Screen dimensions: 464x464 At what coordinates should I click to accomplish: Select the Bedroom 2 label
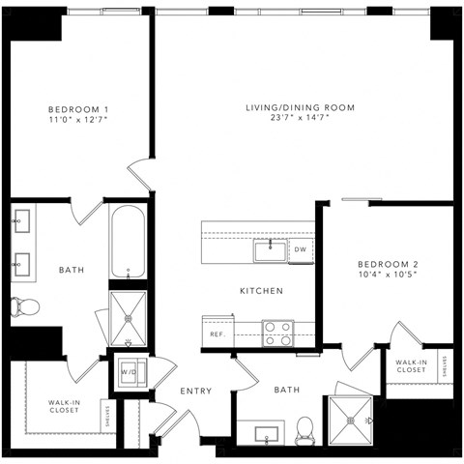coord(387,264)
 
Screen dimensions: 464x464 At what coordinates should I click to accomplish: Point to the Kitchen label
coord(261,290)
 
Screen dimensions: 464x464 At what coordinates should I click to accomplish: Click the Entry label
coord(195,391)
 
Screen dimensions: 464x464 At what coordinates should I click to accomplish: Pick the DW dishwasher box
coord(301,250)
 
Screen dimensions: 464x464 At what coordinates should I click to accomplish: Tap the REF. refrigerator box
coord(217,334)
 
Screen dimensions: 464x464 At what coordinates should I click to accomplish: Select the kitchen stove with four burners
coord(278,333)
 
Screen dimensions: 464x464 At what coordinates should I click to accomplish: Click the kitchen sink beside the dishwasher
coord(270,250)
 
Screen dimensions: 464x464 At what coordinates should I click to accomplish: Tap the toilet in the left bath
coord(25,307)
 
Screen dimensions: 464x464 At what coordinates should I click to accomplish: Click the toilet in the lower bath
coord(305,427)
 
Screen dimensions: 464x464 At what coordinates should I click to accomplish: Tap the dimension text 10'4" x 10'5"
coord(387,275)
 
